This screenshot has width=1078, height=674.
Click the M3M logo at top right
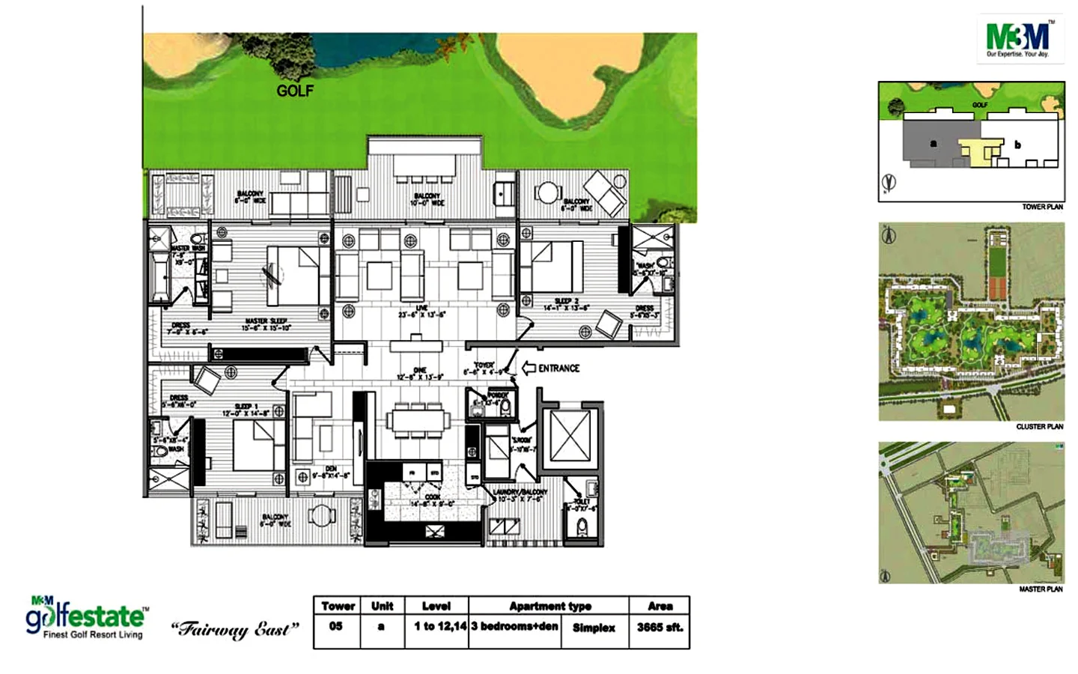[x=1020, y=39]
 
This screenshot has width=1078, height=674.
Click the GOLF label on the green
[x=295, y=91]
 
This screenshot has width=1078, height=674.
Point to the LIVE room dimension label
[x=421, y=315]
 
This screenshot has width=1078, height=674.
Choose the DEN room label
[x=330, y=471]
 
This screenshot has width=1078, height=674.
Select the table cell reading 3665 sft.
[x=660, y=628]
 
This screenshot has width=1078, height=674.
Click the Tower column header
[x=338, y=606]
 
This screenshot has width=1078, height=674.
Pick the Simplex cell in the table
[x=594, y=628]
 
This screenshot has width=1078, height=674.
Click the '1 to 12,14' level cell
[x=440, y=626]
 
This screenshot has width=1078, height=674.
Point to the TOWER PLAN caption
[x=1042, y=207]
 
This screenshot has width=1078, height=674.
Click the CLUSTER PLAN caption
[x=1039, y=427]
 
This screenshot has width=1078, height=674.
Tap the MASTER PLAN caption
[x=1041, y=589]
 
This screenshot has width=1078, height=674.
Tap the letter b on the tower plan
[x=1017, y=145]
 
